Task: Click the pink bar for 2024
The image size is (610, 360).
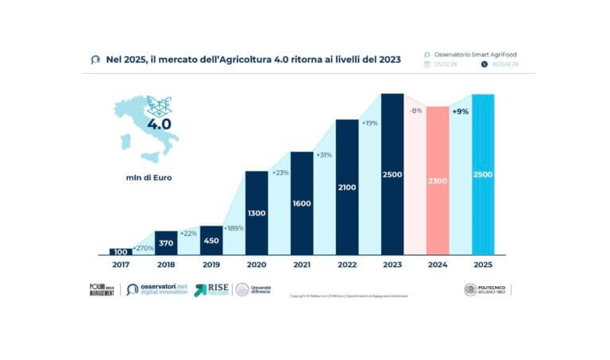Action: pos(438,180)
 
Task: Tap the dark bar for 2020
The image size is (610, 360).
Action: pos(257,213)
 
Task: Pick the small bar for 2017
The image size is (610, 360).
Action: pos(121,252)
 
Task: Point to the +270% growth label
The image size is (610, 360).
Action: pos(143,249)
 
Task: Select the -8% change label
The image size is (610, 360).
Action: pos(415,111)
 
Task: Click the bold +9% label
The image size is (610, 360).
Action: pos(460,112)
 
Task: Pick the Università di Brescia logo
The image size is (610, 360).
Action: pos(253,290)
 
